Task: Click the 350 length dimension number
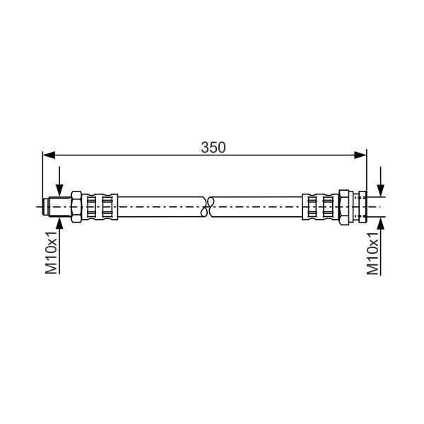(213, 148)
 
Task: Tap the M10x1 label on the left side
(52, 252)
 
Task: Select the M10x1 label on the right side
(372, 254)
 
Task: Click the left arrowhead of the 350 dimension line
(49, 155)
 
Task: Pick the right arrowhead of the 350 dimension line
(360, 155)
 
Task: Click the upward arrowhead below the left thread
(59, 223)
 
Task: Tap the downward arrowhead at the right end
(381, 190)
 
